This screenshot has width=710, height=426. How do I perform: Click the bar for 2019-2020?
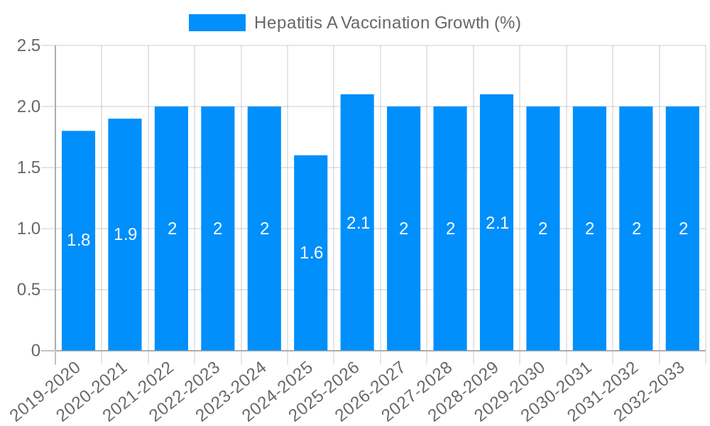pos(78,241)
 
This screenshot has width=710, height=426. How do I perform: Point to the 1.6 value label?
pos(311,253)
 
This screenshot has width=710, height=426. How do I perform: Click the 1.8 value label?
pos(78,240)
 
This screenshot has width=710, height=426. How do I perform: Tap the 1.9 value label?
pos(125,234)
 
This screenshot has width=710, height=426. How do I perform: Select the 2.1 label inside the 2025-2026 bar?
pos(358,223)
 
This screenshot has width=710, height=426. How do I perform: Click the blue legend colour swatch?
pos(217,23)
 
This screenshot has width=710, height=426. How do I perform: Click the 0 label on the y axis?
pos(36,351)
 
